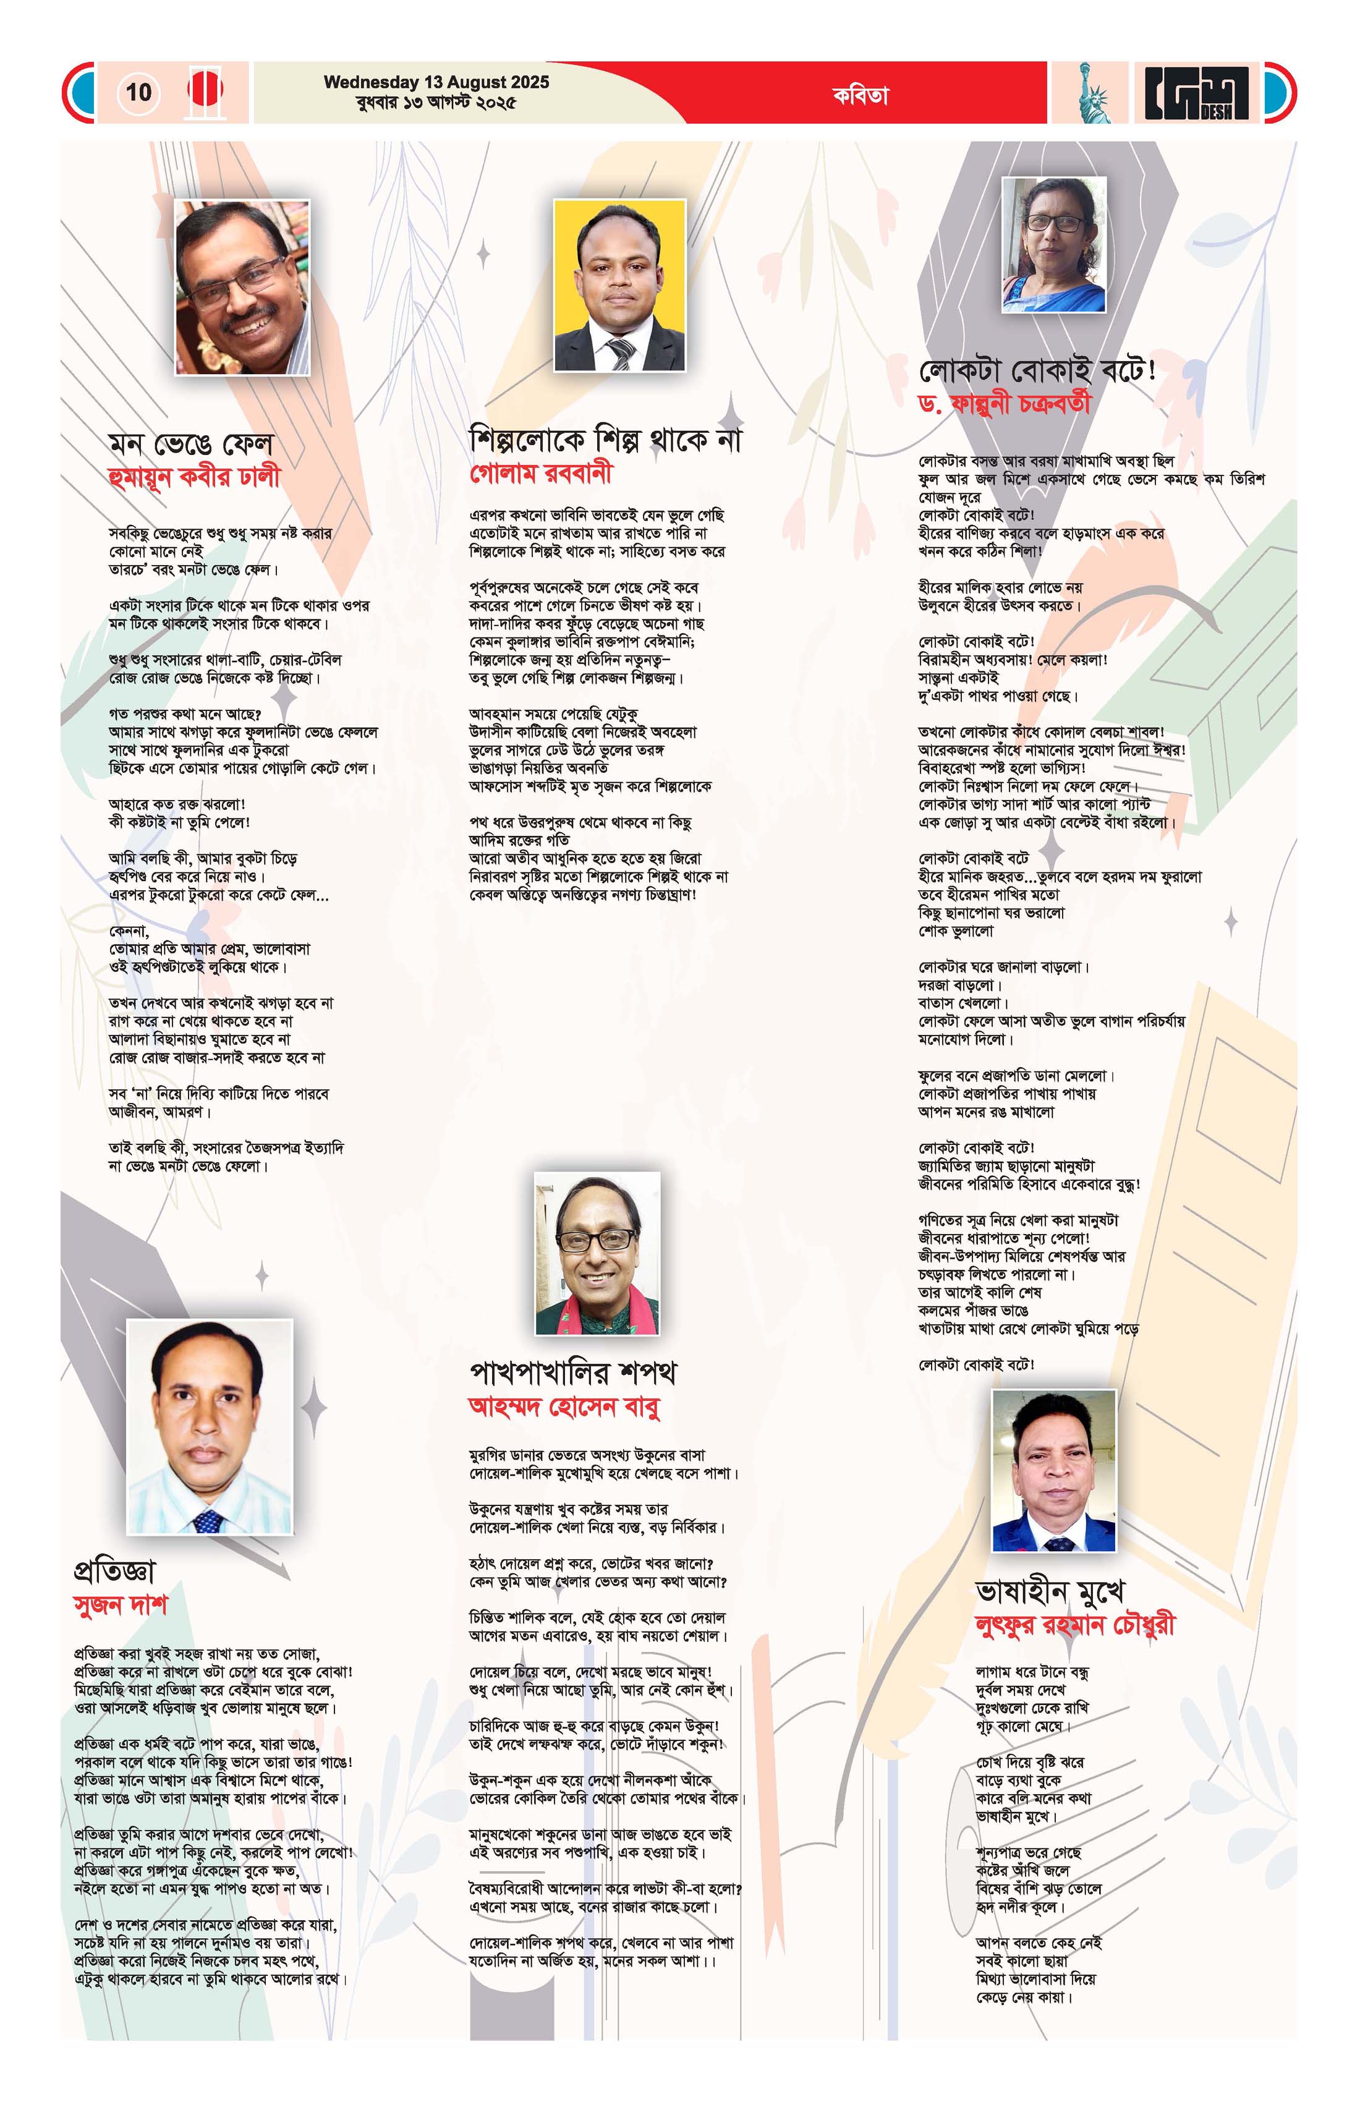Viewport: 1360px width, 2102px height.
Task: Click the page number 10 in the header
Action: pyautogui.click(x=138, y=92)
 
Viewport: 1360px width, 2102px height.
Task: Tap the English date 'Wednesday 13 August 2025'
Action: pyautogui.click(x=436, y=82)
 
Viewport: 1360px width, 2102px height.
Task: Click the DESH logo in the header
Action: pyautogui.click(x=1197, y=93)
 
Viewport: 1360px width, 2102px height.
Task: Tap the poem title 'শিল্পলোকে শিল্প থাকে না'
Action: pyautogui.click(x=606, y=439)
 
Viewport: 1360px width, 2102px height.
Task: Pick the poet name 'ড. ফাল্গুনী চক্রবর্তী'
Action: pyautogui.click(x=1004, y=404)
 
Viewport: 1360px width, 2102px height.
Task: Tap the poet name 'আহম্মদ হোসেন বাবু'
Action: pyautogui.click(x=564, y=1406)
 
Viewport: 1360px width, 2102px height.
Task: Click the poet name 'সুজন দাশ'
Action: pyautogui.click(x=120, y=1605)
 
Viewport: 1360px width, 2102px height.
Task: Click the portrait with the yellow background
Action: pyautogui.click(x=619, y=284)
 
